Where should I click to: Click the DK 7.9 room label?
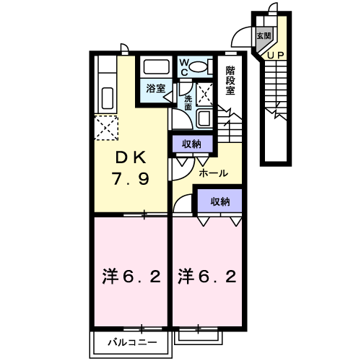point(131,169)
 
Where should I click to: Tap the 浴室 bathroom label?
point(156,88)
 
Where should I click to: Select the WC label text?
point(184,67)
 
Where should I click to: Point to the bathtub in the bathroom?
point(157,67)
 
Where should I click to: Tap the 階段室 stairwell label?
point(230,80)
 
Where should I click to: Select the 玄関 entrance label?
point(264,35)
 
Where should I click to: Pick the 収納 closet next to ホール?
point(191,144)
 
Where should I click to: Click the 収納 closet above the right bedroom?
point(219,201)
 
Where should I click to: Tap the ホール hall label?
point(213,173)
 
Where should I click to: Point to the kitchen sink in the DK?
point(105,96)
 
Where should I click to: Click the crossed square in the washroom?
point(205,94)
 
